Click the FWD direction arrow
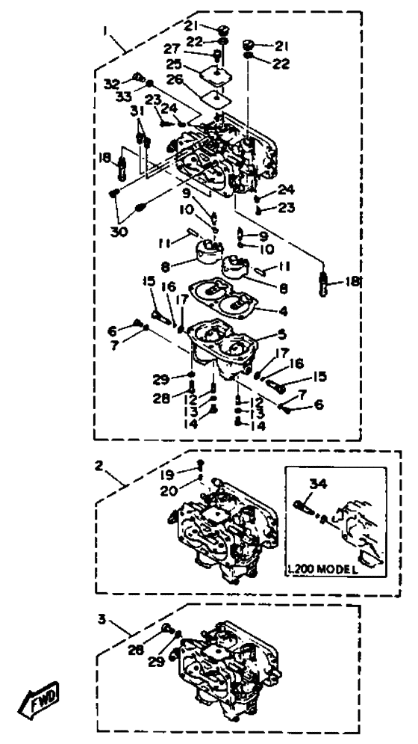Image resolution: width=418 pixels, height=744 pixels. pyautogui.click(x=39, y=700)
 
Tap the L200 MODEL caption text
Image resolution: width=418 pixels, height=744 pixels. pyautogui.click(x=323, y=569)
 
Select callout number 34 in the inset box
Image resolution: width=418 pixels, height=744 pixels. pyautogui.click(x=318, y=485)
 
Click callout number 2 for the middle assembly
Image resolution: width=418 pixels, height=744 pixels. pyautogui.click(x=99, y=466)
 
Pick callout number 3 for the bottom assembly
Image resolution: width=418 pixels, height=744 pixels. pyautogui.click(x=102, y=619)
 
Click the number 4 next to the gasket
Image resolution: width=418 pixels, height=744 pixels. pyautogui.click(x=284, y=311)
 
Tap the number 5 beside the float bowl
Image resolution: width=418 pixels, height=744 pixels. pyautogui.click(x=282, y=335)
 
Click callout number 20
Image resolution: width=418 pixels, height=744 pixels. pyautogui.click(x=169, y=491)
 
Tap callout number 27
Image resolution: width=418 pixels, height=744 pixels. pyautogui.click(x=172, y=49)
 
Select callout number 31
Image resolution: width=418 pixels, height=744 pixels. pyautogui.click(x=137, y=111)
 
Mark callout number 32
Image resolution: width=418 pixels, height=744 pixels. pyautogui.click(x=113, y=84)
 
